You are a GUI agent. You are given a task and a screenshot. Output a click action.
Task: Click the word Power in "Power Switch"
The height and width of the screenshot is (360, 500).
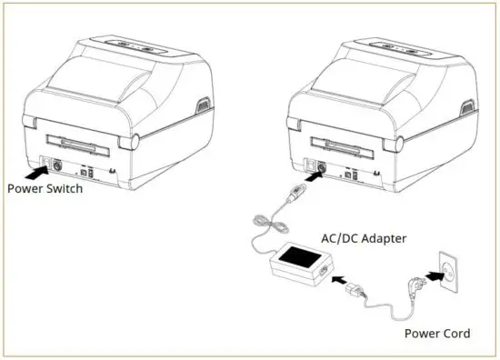point(25,190)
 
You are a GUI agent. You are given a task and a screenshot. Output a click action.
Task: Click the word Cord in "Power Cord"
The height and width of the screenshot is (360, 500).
point(455,334)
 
